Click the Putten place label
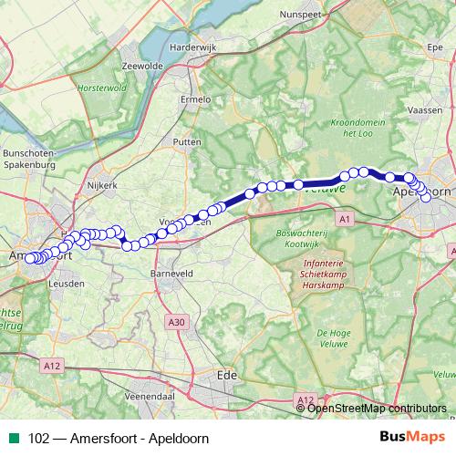point(187,143)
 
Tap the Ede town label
point(227,374)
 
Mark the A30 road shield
point(177,321)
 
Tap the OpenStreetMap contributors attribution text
point(378,409)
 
